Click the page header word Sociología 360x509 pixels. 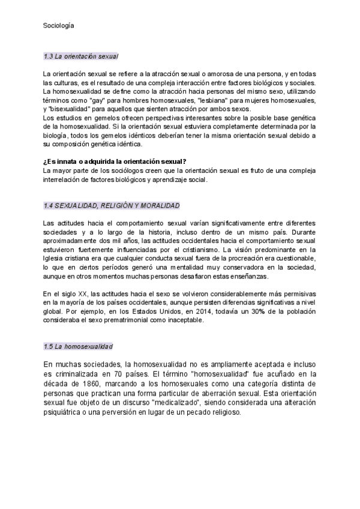click(58, 26)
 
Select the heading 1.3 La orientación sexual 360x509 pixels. click(81, 56)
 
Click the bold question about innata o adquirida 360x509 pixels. click(115, 161)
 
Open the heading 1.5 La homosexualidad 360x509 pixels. click(78, 347)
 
